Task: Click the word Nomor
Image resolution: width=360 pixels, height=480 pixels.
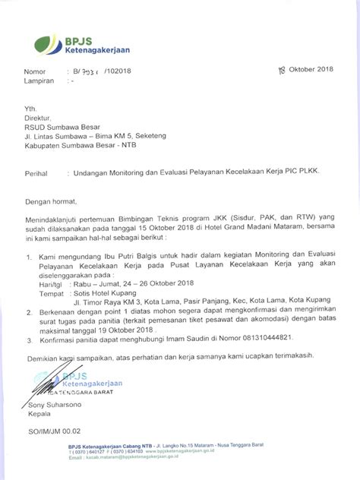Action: coord(33,72)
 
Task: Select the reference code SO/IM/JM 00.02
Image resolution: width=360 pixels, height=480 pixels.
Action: coord(55,432)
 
